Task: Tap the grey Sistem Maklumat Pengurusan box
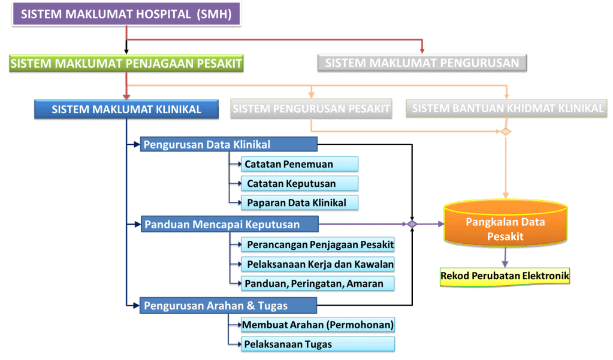pyautogui.click(x=422, y=62)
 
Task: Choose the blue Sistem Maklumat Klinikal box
pyautogui.click(x=126, y=110)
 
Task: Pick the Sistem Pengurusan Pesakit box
pyautogui.click(x=310, y=109)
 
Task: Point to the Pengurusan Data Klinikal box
pyautogui.click(x=228, y=144)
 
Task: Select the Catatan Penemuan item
pyautogui.click(x=299, y=164)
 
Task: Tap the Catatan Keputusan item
pyautogui.click(x=299, y=183)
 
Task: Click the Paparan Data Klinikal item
pyautogui.click(x=299, y=202)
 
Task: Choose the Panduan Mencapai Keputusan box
pyautogui.click(x=228, y=224)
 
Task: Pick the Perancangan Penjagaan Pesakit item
pyautogui.click(x=318, y=244)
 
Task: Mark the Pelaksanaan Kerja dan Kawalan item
pyautogui.click(x=318, y=264)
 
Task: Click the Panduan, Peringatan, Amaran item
pyautogui.click(x=318, y=283)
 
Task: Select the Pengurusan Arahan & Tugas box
pyautogui.click(x=228, y=305)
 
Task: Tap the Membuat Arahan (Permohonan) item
pyautogui.click(x=318, y=325)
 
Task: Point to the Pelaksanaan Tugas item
pyautogui.click(x=318, y=344)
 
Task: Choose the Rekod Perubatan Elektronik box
pyautogui.click(x=505, y=276)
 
